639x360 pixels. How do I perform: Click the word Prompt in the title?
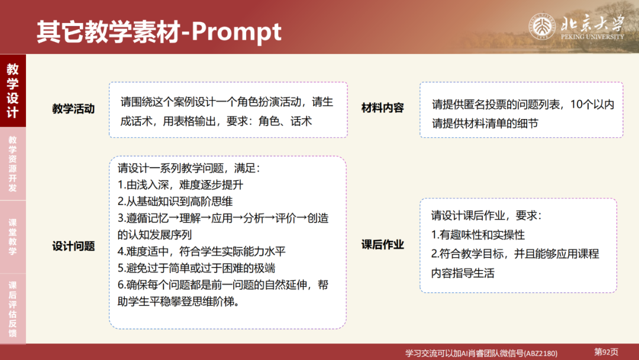pos(237,31)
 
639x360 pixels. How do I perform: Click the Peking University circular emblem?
pos(541,26)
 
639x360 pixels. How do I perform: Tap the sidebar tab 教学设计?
pos(12,91)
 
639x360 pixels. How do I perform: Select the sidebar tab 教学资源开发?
pos(12,164)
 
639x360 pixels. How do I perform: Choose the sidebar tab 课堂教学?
pos(12,237)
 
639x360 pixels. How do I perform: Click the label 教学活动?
pos(73,109)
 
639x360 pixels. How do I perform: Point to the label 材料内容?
pos(383,108)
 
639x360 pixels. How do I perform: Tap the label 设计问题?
pos(73,246)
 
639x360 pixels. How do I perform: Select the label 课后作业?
pos(383,245)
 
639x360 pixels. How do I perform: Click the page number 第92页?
pos(606,352)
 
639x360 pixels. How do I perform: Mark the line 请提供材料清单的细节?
pos(485,123)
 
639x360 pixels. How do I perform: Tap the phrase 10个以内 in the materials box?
pos(592,105)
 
